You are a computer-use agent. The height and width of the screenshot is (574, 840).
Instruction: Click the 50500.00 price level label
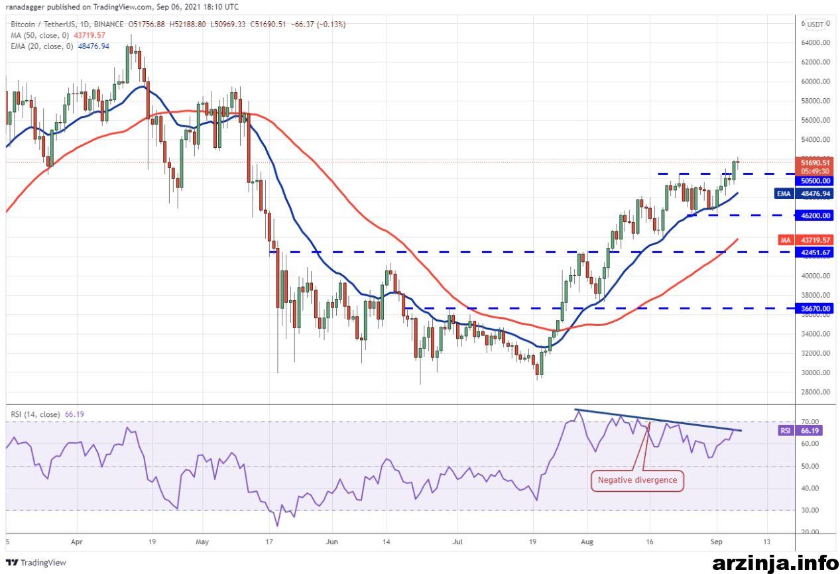tap(814, 181)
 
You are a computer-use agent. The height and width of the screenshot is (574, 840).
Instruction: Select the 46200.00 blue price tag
tap(814, 215)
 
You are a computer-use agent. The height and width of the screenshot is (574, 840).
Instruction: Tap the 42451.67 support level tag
tap(814, 253)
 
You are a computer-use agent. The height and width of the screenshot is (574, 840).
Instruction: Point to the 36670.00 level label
tap(814, 308)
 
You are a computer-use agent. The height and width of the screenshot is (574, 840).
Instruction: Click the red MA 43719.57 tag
tap(806, 239)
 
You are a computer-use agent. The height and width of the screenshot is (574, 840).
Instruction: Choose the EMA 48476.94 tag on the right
tap(804, 194)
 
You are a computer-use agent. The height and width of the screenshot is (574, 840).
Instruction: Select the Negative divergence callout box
tap(637, 481)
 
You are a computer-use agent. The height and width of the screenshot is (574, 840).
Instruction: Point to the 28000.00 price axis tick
tap(815, 392)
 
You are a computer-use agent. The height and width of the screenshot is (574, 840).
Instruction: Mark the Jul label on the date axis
tap(457, 542)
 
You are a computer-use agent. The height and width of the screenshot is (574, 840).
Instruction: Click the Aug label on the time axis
tap(587, 542)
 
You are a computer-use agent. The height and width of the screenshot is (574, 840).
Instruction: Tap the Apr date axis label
tap(76, 542)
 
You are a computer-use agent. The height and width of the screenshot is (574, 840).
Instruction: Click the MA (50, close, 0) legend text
tap(40, 35)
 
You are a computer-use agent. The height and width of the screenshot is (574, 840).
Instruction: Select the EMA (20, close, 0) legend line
tap(60, 46)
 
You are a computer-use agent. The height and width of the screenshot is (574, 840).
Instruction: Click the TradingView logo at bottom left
tap(36, 562)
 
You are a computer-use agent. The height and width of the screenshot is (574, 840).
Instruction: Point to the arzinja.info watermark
tap(775, 563)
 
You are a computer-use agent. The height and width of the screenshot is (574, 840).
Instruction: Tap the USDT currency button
tap(815, 25)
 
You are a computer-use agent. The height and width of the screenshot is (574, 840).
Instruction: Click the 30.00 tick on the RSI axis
tap(810, 510)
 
